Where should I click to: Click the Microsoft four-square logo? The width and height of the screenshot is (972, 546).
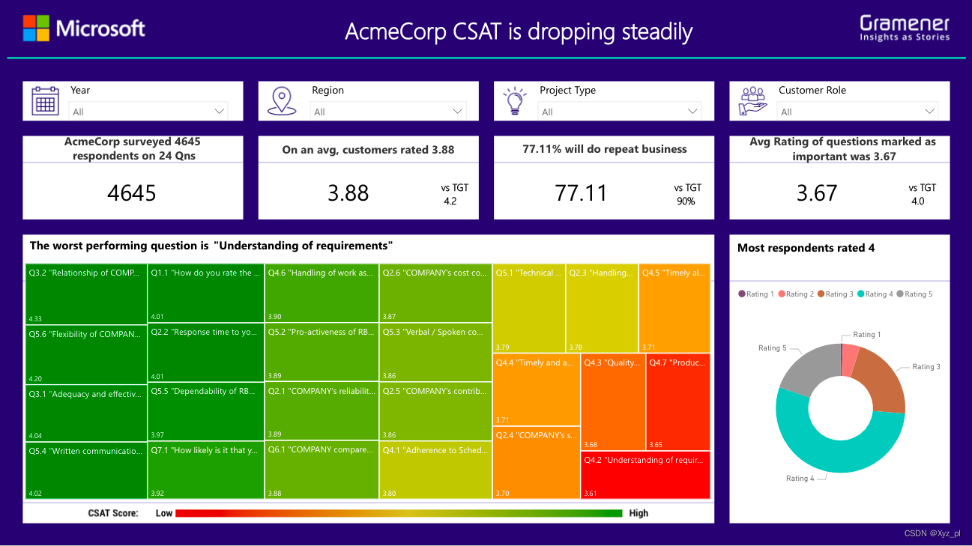click(x=36, y=28)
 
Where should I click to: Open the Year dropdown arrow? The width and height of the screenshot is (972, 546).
click(x=220, y=112)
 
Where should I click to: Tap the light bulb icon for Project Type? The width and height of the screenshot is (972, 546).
click(x=515, y=101)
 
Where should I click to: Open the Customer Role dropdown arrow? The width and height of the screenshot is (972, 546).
click(x=930, y=112)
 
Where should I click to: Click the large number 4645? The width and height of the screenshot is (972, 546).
click(x=132, y=193)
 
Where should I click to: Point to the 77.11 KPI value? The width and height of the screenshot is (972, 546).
click(x=581, y=193)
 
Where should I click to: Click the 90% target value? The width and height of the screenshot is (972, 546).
click(x=686, y=201)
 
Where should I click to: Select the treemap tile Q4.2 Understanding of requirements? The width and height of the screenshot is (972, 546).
click(x=645, y=475)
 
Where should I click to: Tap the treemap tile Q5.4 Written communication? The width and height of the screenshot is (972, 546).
click(x=85, y=470)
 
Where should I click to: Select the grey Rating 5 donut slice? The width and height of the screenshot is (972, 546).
click(x=806, y=367)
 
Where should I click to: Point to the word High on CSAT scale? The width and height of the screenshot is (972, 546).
click(x=639, y=513)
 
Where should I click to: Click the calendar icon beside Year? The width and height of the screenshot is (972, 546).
click(x=45, y=101)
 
